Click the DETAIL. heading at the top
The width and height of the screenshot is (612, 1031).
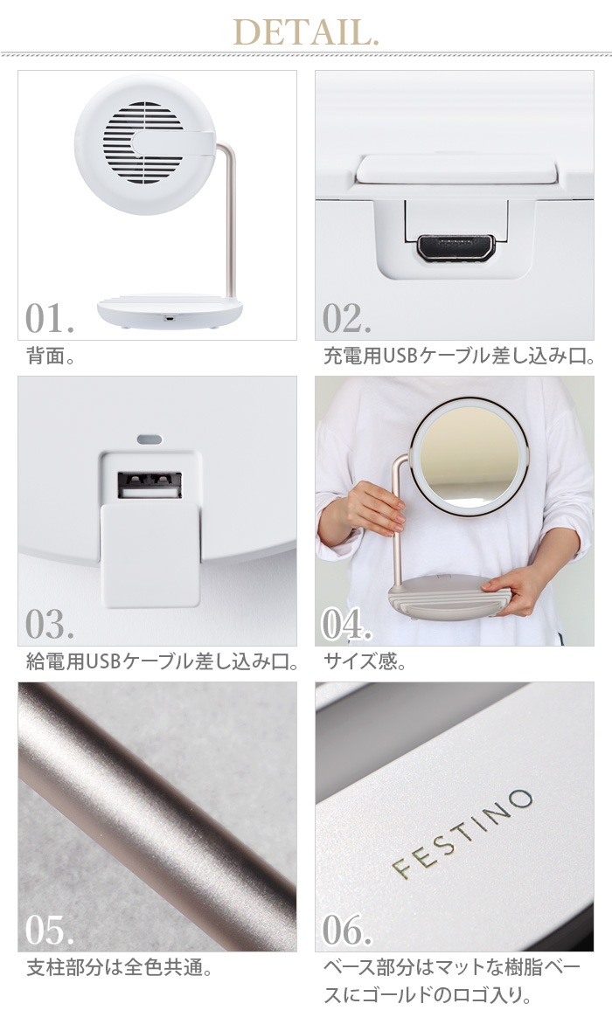pos(306,32)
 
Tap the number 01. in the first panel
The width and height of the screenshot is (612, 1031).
pos(50,319)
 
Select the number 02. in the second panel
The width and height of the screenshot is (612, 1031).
pos(347,319)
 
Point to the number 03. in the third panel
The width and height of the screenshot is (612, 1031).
pos(50,625)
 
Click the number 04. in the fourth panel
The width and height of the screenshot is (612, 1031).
pos(347,625)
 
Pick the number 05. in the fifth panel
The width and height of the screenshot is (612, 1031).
pos(50,930)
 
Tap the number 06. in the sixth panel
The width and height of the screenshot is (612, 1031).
pos(347,930)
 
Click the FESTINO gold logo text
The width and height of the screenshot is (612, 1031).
pos(462,834)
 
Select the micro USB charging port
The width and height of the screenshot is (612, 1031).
pos(456,246)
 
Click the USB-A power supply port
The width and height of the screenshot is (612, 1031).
pos(149,485)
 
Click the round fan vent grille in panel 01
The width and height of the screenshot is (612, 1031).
pos(143,142)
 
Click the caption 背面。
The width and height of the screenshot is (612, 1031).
pos(51,357)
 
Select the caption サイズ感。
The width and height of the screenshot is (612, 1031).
pos(365,661)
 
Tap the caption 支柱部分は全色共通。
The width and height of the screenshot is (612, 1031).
pos(119,968)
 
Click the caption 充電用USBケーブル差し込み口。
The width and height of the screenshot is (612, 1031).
pos(460,357)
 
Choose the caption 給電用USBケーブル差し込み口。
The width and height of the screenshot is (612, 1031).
pos(163,661)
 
